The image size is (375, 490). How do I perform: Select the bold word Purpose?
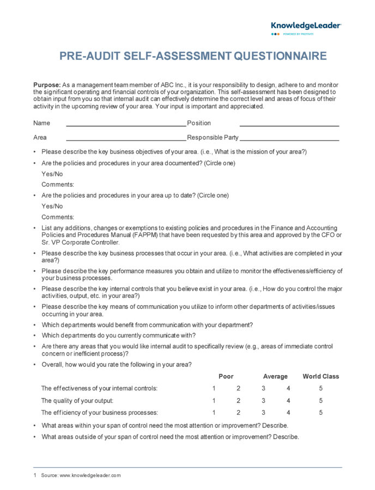point(46,85)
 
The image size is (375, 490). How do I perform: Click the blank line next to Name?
point(125,125)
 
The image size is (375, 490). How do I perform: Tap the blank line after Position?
point(289,125)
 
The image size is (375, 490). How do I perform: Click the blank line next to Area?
point(125,139)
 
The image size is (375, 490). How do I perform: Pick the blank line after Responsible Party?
point(289,139)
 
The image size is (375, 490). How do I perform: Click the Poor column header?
point(226,376)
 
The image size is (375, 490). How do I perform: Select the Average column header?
point(275,376)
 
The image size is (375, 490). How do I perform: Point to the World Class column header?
point(320,376)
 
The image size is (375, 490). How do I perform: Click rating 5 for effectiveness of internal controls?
point(321,388)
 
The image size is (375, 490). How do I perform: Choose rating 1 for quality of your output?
point(214,401)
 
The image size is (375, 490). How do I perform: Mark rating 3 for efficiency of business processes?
point(263,413)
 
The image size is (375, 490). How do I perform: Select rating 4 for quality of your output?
point(288,401)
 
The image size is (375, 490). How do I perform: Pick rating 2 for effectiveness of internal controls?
point(238,388)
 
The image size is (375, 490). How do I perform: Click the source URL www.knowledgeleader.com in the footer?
point(90,475)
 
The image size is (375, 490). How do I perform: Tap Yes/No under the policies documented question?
point(52,174)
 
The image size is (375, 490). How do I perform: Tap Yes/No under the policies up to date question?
point(52,206)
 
